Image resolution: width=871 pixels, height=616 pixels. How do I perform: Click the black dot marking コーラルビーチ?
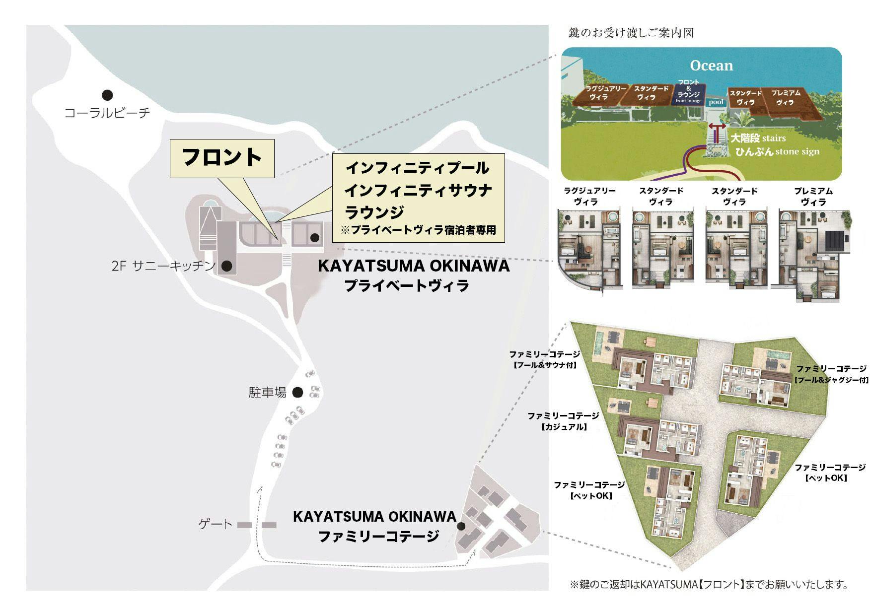(107, 95)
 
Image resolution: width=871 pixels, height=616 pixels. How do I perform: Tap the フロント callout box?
(222, 158)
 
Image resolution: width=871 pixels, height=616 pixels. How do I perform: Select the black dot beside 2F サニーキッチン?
(226, 266)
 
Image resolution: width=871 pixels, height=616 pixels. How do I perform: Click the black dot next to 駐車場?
(297, 393)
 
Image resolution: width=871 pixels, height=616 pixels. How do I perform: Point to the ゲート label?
(215, 524)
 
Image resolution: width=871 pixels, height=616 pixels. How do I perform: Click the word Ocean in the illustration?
(711, 66)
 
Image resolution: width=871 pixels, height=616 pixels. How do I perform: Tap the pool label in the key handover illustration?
(716, 102)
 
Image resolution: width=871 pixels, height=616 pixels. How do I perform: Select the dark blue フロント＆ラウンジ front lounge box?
(688, 92)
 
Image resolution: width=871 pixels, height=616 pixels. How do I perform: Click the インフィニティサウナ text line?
(418, 190)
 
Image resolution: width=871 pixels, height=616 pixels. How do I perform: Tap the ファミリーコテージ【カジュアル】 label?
(563, 420)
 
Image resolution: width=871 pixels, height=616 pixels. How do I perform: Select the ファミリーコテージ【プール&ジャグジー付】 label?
(831, 374)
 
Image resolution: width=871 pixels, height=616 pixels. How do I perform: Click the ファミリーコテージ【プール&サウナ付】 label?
(544, 359)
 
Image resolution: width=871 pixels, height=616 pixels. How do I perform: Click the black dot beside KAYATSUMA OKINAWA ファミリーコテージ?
(461, 526)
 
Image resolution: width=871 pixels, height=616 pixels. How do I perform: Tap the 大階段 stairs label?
(758, 138)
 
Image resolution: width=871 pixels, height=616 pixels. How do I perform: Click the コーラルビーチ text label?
(107, 113)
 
